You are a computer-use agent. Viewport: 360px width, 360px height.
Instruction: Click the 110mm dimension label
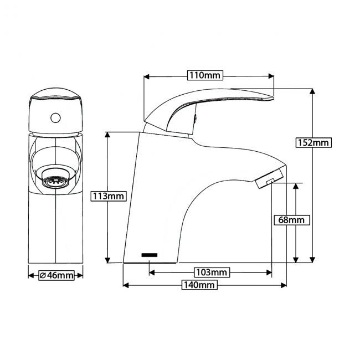[x=205, y=75]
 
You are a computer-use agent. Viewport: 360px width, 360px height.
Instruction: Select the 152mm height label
[x=313, y=142]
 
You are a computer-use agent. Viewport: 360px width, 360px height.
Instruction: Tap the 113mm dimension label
[x=109, y=196]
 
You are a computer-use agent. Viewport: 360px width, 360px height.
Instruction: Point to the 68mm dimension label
[x=292, y=220]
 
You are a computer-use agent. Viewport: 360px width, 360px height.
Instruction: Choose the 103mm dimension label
[x=212, y=272]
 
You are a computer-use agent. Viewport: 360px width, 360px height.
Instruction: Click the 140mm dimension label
[x=199, y=285]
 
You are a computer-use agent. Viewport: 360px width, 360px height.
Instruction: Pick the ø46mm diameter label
[x=56, y=275]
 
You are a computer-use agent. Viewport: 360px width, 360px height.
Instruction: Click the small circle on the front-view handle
[x=55, y=118]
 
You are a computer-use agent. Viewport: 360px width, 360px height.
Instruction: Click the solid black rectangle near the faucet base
[x=150, y=255]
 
